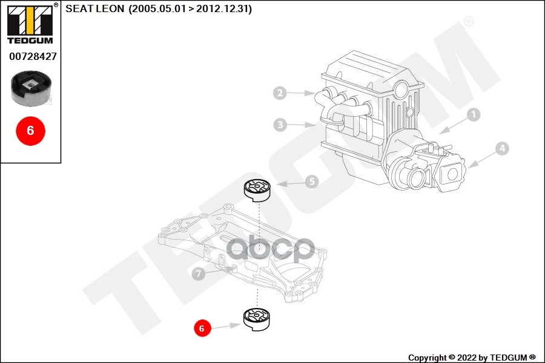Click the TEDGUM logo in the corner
30,24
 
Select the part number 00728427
33,56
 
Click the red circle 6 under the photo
30,130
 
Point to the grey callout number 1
474,114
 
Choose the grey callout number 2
279,93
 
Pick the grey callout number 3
279,125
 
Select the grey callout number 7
197,274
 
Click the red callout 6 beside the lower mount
202,329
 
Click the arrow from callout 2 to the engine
300,93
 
